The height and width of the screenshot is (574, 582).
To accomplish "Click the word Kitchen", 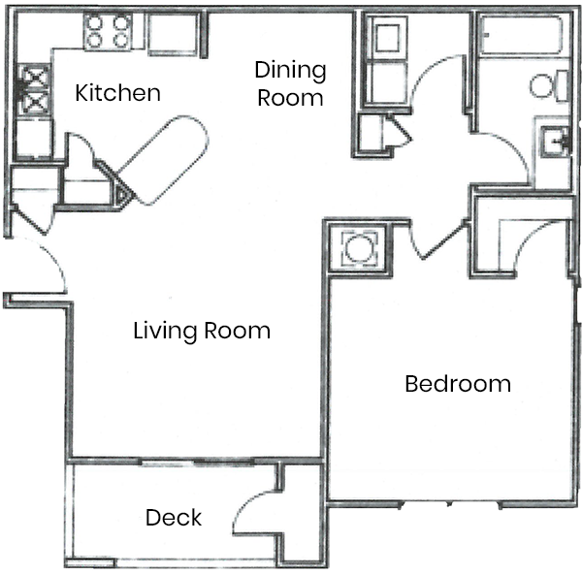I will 117,93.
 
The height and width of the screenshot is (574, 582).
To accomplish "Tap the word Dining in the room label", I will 290,71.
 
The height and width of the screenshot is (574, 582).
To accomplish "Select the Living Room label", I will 201,331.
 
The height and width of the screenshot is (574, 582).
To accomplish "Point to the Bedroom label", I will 457,383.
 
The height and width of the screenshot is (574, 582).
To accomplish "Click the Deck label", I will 174,518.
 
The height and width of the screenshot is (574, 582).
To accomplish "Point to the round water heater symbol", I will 356,248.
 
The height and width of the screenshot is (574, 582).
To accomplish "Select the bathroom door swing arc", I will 504,155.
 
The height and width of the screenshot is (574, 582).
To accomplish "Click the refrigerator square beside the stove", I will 172,35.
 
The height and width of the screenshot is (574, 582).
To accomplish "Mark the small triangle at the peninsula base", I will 121,194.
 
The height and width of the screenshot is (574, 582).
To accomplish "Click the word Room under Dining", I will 290,98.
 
